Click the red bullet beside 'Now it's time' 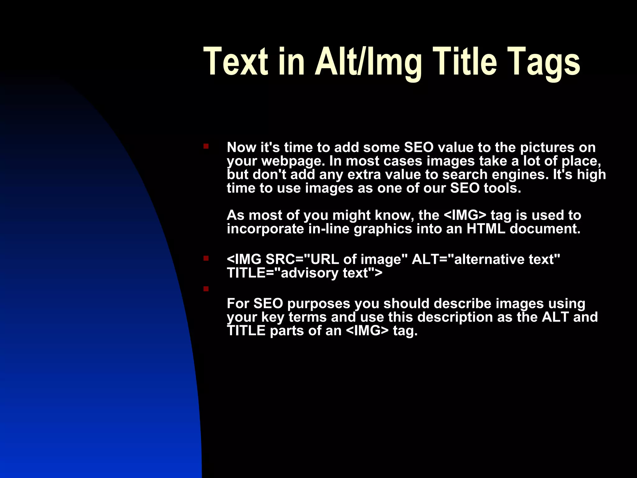(x=206, y=146)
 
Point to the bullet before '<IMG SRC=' (x=206, y=258)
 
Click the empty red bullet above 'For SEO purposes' (x=206, y=289)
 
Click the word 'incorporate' (x=265, y=229)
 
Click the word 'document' (x=545, y=229)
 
